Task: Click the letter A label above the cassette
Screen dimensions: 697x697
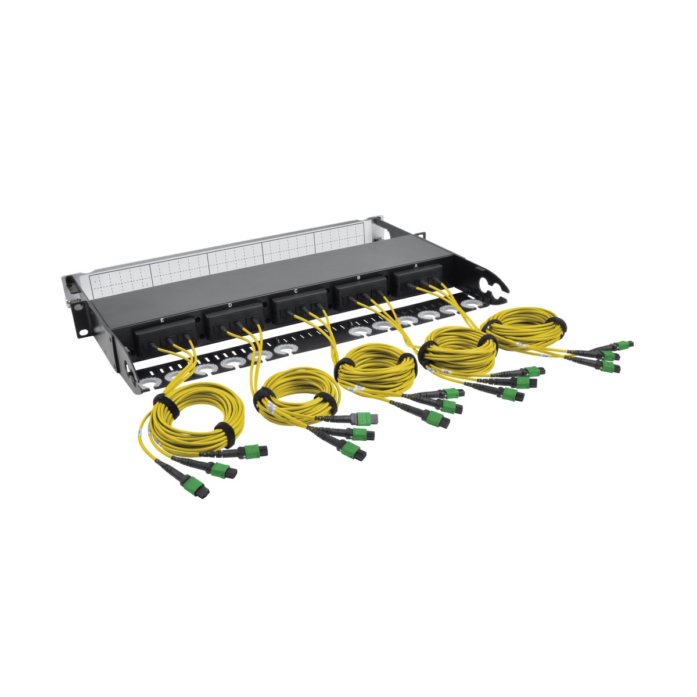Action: pos(415,265)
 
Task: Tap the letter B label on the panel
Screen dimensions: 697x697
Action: pos(358,278)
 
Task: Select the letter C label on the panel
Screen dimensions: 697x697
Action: pos(296,290)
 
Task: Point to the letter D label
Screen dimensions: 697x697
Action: pos(230,304)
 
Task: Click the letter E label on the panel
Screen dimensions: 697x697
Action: pos(161,320)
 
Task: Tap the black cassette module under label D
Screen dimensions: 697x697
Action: pos(232,322)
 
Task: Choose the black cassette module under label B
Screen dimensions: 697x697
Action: pos(360,292)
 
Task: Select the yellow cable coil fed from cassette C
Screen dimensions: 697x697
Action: pos(375,372)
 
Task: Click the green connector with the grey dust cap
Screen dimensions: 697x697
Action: pos(364,418)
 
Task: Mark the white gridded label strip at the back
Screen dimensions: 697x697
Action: pos(232,256)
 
